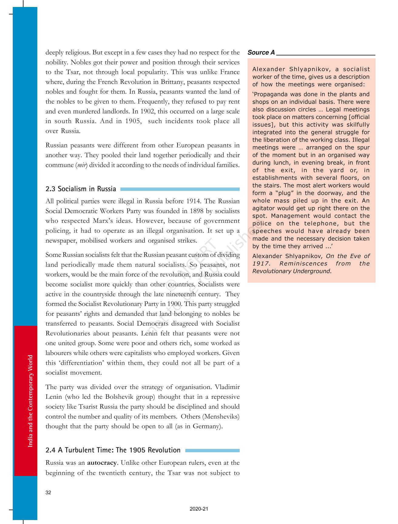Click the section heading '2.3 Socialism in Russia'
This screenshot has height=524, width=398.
tap(81, 189)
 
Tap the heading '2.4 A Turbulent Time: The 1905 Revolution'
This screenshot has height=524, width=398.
tap(113, 450)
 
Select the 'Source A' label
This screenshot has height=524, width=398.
tap(261, 53)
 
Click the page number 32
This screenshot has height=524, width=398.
tap(48, 493)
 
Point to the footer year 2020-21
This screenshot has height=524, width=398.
tap(199, 509)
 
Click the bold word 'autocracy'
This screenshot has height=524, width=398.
tap(102, 463)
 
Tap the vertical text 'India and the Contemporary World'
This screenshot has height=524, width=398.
tap(30, 401)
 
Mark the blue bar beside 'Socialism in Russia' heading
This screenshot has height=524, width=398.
tap(180, 189)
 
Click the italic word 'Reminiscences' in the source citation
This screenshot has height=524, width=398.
tap(303, 264)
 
